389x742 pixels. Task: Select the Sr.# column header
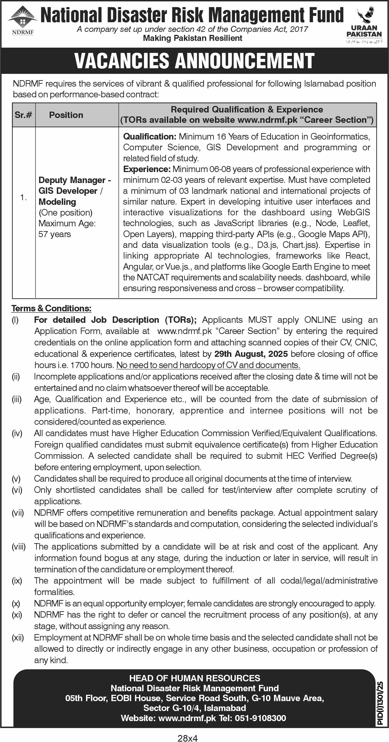pyautogui.click(x=23, y=115)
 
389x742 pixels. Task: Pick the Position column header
pyautogui.click(x=66, y=115)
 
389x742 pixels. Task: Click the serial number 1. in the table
pyautogui.click(x=23, y=198)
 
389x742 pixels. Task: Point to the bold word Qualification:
pyautogui.click(x=149, y=137)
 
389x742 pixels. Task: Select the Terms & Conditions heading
pyautogui.click(x=51, y=308)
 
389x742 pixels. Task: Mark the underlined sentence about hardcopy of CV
pyautogui.click(x=208, y=365)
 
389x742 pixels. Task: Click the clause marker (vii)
pyautogui.click(x=18, y=513)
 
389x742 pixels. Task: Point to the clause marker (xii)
pyautogui.click(x=18, y=637)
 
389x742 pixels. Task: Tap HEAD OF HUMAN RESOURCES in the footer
pyautogui.click(x=195, y=678)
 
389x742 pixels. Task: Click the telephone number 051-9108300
pyautogui.click(x=260, y=718)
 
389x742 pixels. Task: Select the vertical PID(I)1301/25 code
pyautogui.click(x=380, y=703)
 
